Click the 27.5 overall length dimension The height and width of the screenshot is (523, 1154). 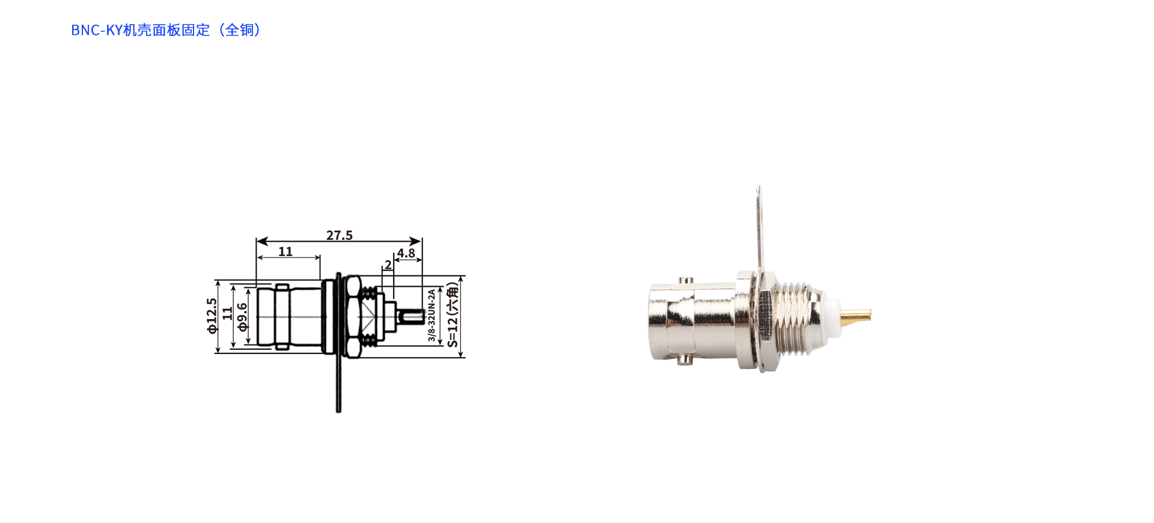point(340,235)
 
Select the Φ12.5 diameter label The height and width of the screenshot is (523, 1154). point(212,316)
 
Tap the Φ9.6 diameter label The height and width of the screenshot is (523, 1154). point(242,317)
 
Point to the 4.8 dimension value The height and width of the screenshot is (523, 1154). point(406,253)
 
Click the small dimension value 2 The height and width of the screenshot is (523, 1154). point(388,265)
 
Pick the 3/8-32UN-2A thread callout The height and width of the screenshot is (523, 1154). point(432,315)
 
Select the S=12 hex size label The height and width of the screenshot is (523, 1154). point(453,315)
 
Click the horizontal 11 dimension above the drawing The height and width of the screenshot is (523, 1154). point(285,251)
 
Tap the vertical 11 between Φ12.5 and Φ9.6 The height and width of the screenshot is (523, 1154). point(227,313)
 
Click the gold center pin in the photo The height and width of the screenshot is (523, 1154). point(855,314)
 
